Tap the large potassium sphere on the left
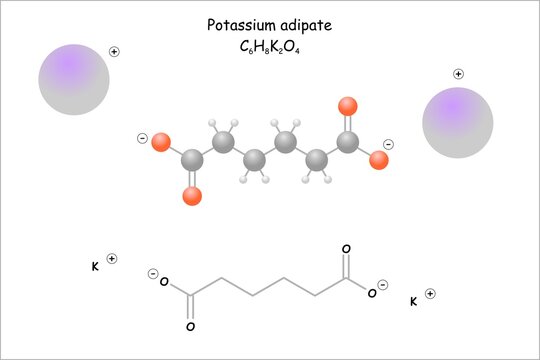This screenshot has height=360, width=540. click(x=73, y=80)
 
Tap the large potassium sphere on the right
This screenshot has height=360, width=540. click(x=457, y=123)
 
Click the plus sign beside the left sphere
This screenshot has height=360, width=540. click(x=114, y=51)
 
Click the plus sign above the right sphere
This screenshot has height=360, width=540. click(x=458, y=73)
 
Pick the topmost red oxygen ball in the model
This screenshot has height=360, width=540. click(x=347, y=106)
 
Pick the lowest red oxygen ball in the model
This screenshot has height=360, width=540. click(x=192, y=196)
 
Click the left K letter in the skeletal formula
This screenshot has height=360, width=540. click(x=95, y=266)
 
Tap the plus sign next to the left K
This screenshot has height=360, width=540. click(x=112, y=258)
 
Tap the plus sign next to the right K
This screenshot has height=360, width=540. click(x=430, y=293)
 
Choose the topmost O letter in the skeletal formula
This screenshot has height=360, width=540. click(x=346, y=249)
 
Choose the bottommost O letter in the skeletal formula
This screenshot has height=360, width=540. click(x=191, y=326)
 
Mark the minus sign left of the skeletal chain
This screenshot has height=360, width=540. click(x=153, y=274)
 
